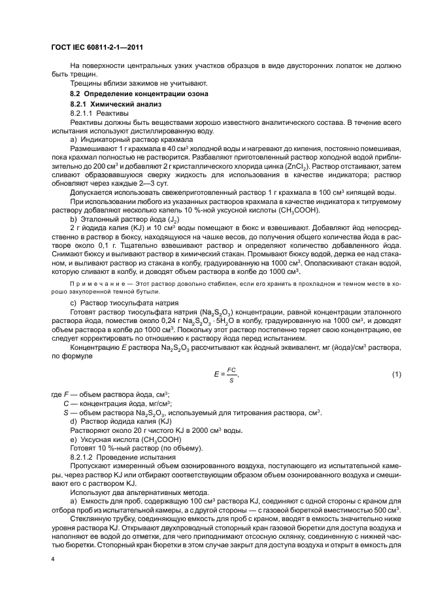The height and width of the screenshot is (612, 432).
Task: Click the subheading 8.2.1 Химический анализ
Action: tap(110, 104)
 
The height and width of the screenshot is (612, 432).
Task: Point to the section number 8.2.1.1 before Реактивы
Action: tap(82, 113)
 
